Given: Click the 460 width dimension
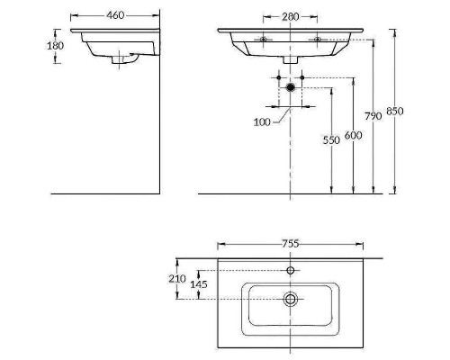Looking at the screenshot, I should click(114, 14).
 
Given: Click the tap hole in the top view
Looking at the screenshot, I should click(290, 270).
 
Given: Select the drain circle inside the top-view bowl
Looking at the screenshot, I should click(290, 299).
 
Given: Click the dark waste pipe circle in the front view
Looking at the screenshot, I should click(290, 87).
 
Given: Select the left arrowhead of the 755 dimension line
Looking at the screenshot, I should click(222, 243).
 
